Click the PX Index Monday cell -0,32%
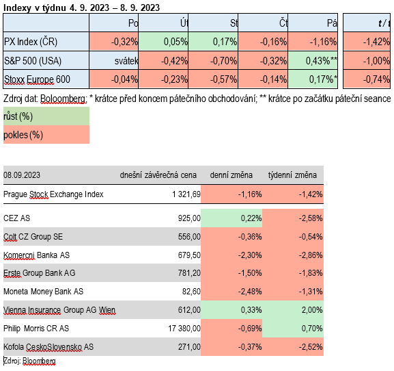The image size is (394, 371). click(x=113, y=41)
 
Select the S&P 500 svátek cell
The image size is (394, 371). click(x=113, y=60)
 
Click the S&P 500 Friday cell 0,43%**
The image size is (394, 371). click(x=313, y=60)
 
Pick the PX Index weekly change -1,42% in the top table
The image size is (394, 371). click(x=367, y=41)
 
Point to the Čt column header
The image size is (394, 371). click(x=283, y=23)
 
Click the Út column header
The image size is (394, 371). click(x=184, y=23)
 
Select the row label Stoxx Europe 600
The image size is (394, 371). click(x=37, y=79)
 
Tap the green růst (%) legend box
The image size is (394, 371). click(x=46, y=116)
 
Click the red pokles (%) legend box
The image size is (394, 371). click(x=46, y=134)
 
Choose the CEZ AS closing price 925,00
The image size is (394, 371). click(x=189, y=218)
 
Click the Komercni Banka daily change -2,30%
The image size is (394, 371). click(x=250, y=255)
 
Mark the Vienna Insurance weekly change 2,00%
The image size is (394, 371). click(x=312, y=310)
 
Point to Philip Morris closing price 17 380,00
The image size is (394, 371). click(x=184, y=328)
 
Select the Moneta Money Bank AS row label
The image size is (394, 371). click(x=43, y=292)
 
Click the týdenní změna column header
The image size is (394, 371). click(x=292, y=175)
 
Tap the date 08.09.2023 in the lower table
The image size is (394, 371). click(x=22, y=175)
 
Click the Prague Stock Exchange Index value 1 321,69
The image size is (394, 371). click(x=186, y=194)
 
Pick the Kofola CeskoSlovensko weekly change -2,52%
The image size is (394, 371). click(x=311, y=347)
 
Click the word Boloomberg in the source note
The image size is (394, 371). click(x=64, y=99)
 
